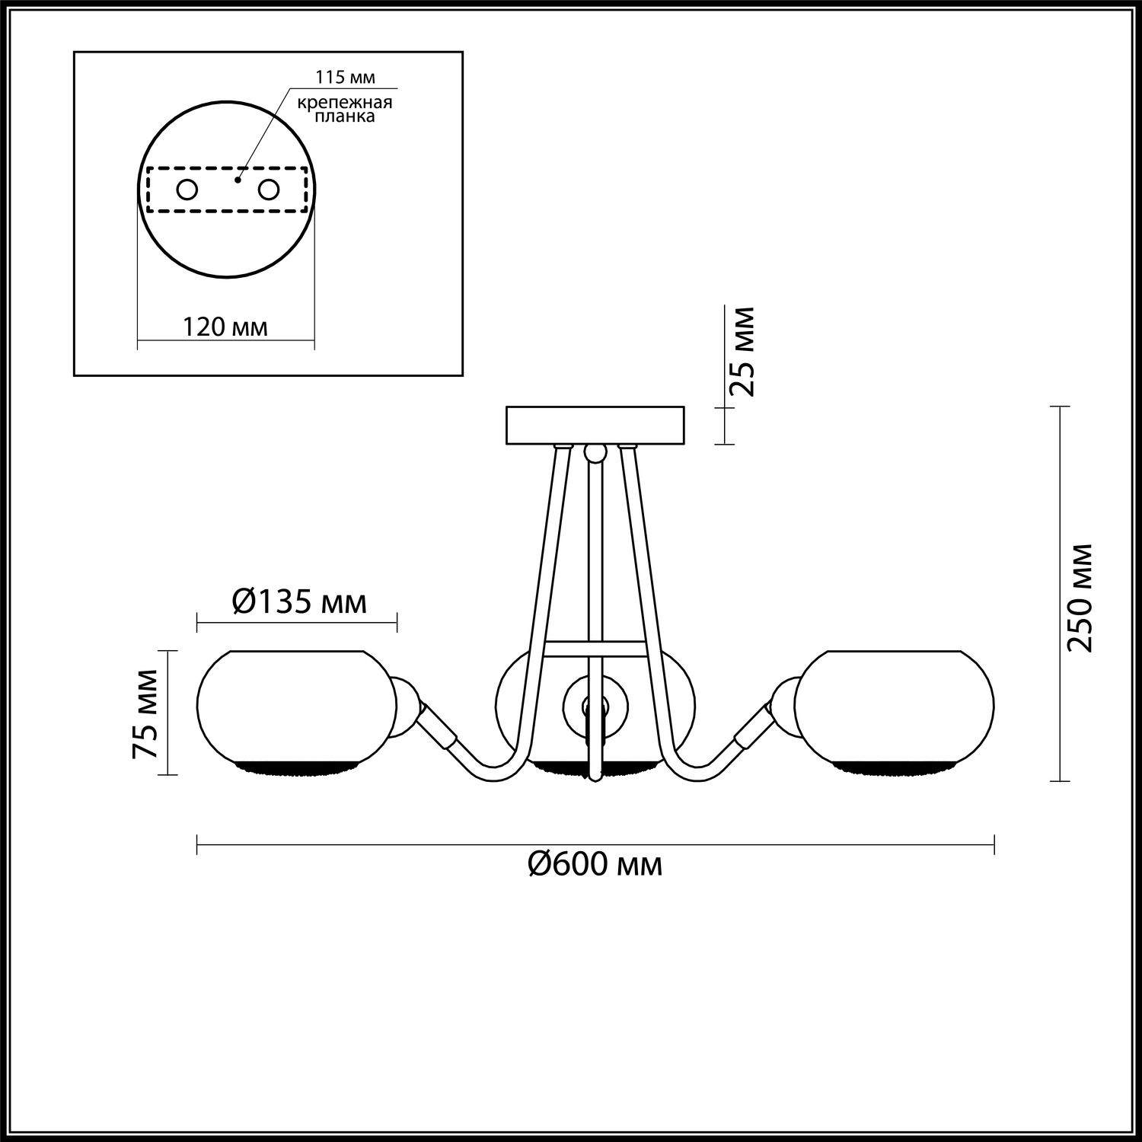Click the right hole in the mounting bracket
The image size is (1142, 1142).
click(269, 190)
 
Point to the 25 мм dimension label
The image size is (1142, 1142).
click(742, 352)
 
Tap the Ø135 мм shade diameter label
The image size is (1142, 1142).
click(298, 602)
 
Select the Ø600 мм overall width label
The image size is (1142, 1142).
click(595, 864)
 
